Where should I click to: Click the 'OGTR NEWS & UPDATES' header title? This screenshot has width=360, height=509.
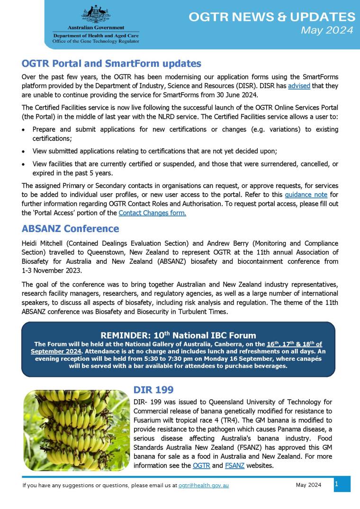(x=271, y=18)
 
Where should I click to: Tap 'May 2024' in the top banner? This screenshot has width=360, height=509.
(x=327, y=31)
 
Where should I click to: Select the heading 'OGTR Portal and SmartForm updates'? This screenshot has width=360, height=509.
(x=111, y=63)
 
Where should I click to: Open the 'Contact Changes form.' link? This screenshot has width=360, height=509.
(x=152, y=213)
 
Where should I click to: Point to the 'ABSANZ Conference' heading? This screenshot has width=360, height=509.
(x=70, y=229)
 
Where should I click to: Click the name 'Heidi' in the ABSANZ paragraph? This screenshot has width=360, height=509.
(x=31, y=243)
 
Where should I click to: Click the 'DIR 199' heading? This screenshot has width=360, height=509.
(x=153, y=390)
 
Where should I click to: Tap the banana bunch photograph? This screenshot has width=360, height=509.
(x=76, y=429)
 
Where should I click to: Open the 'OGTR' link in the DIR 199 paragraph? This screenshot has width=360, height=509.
(x=201, y=466)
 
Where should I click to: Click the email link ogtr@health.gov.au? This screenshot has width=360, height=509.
(x=203, y=486)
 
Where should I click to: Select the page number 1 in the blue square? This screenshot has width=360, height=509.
(x=337, y=484)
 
